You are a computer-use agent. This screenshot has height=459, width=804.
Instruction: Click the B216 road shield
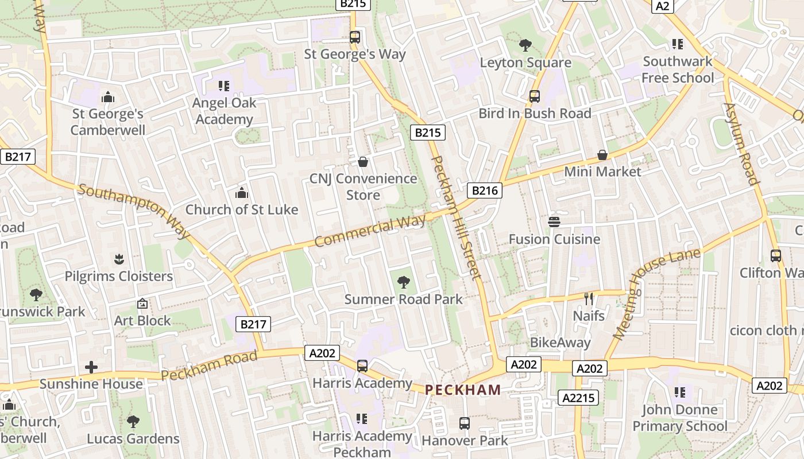[485, 190]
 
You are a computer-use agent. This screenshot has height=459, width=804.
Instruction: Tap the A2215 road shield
[578, 398]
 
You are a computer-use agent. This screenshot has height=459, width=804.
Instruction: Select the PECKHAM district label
[463, 390]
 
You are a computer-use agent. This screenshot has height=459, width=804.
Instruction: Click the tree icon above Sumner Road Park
[404, 282]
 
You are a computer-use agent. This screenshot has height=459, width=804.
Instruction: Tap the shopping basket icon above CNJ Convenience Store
[363, 162]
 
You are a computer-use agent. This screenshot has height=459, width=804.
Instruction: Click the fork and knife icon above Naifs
[589, 298]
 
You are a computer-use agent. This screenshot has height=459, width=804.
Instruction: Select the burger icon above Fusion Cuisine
[554, 221]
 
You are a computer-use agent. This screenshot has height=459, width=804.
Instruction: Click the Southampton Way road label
[134, 211]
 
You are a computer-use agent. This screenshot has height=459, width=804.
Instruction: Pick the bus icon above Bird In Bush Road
[535, 96]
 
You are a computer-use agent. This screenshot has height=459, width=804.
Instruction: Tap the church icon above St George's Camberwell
[107, 97]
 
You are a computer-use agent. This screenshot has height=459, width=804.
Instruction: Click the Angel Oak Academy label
[224, 111]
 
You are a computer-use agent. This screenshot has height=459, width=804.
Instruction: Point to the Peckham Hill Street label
[455, 217]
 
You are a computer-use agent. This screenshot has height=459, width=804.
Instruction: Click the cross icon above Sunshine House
[91, 367]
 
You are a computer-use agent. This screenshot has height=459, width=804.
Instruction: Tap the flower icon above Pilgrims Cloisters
[119, 259]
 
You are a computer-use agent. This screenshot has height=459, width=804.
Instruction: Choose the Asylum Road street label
[741, 143]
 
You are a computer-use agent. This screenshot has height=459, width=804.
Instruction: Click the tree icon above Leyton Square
[525, 45]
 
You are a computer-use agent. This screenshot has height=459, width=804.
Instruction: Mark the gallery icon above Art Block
[142, 304]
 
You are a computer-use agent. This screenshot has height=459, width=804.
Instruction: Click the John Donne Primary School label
[680, 418]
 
